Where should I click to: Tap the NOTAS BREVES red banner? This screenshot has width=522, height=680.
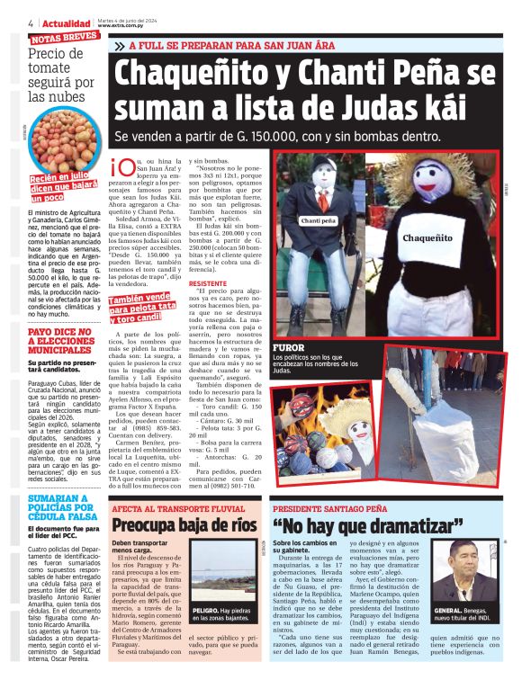coord(63,38)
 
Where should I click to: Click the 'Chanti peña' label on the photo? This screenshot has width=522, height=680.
coord(318,219)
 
